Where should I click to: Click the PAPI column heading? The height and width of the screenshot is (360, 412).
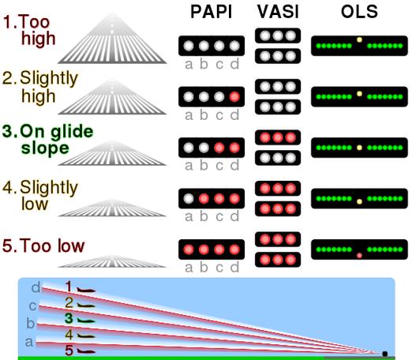coord(212,12)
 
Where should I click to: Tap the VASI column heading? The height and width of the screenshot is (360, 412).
coord(278,12)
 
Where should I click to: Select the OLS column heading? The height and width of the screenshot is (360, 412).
coord(359,12)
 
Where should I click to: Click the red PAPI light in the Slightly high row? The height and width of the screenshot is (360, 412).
coord(234,97)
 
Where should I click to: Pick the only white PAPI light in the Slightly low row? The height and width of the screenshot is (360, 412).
coord(189,199)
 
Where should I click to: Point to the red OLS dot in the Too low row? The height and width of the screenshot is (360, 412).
coord(359,255)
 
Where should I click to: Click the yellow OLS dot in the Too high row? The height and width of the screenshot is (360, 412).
coord(359,39)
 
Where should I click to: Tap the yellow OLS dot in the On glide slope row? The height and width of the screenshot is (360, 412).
coord(359,148)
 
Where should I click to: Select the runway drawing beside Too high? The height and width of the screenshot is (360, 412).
coord(112,38)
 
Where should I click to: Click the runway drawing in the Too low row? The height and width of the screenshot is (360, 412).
coord(112,261)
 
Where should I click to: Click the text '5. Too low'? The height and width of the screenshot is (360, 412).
coord(43,246)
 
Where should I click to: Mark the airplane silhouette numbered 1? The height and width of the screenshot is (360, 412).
coord(86,290)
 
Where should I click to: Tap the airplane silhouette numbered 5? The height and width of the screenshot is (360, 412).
coord(86,351)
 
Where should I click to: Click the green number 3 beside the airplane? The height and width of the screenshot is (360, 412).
coord(69,318)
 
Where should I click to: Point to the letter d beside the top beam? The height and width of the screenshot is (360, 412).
coord(36,287)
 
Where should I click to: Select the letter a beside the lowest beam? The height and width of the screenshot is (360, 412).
coord(29,342)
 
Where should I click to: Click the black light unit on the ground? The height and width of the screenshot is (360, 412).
coord(385,354)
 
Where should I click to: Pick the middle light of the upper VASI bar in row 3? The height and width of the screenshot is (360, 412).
coord(278,137)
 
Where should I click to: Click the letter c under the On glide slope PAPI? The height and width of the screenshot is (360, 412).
coord(219,167)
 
